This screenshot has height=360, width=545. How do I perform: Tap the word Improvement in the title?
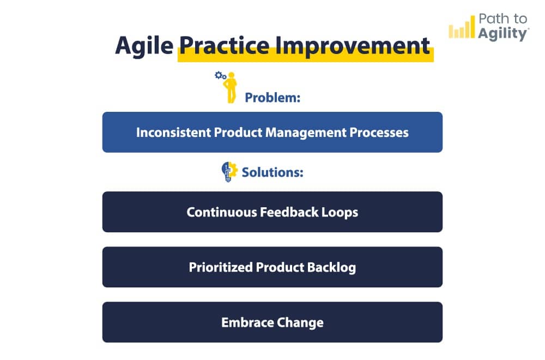352,46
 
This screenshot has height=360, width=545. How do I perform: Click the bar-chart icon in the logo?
462,29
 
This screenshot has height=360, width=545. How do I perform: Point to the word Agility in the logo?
502,33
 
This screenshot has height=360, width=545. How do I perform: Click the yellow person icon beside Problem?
232,88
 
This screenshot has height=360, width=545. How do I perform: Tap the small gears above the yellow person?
220,76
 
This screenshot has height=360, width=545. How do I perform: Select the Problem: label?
273,98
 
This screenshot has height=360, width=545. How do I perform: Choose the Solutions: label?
272,172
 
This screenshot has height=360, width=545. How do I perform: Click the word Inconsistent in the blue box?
168,133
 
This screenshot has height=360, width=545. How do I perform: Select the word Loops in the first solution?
340,212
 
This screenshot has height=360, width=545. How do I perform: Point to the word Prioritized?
221,267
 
